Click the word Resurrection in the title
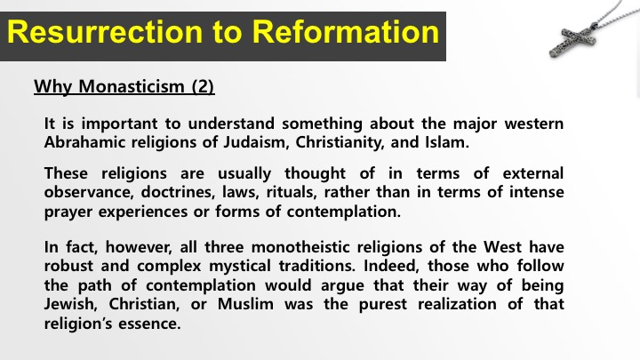[105, 32]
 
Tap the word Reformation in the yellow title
[345, 32]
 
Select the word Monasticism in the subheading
[132, 86]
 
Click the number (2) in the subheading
[203, 86]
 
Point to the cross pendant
[572, 40]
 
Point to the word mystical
[240, 266]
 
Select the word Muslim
[245, 304]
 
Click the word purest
[383, 305]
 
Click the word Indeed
[391, 266]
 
